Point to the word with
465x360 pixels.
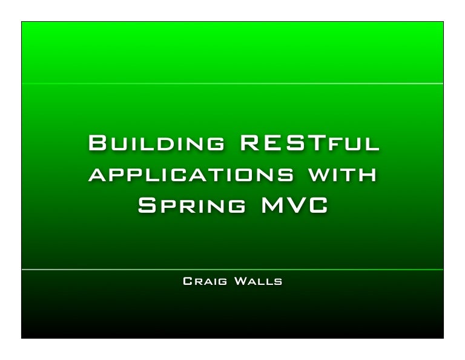[x=344, y=175]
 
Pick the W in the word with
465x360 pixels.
[x=321, y=175]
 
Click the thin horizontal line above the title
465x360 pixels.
[x=232, y=84]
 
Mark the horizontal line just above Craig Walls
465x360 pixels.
[x=232, y=269]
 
